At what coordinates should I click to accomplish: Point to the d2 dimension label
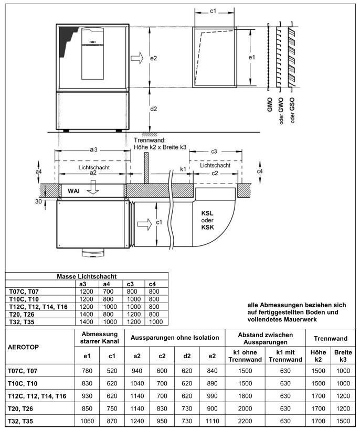click(153, 110)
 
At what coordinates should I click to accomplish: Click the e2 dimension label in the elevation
click(153, 58)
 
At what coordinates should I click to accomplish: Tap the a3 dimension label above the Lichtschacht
click(93, 150)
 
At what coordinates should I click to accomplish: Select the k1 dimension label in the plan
click(183, 169)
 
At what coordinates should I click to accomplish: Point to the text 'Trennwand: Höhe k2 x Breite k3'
click(160, 144)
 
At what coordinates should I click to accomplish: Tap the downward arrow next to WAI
click(93, 189)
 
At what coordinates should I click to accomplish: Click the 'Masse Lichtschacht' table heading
click(87, 276)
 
